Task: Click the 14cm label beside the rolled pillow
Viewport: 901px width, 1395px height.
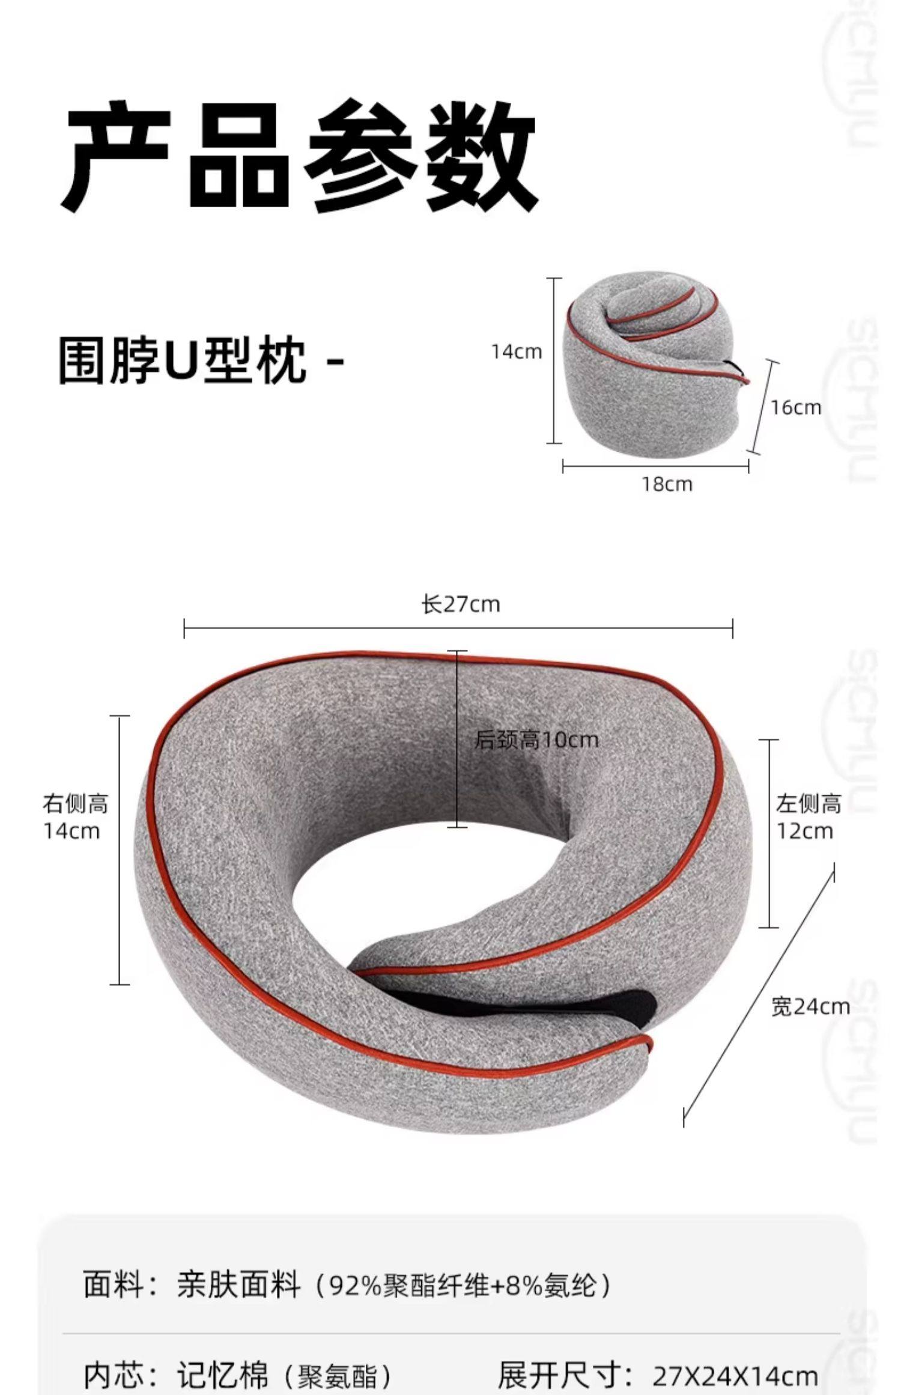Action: pos(516,351)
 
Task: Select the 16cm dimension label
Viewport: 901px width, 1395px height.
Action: pos(796,407)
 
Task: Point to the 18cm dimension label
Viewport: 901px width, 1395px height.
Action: pos(667,484)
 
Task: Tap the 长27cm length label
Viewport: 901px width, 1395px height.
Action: pos(460,604)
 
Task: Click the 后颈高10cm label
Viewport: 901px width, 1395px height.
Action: pos(536,740)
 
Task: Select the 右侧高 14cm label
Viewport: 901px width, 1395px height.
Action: pos(74,817)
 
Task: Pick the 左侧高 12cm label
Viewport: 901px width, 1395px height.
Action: pos(808,817)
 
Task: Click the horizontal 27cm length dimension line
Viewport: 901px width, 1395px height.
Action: pos(458,628)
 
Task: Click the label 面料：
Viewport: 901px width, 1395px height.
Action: pos(121,1286)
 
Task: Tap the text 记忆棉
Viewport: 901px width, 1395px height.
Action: pos(222,1374)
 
